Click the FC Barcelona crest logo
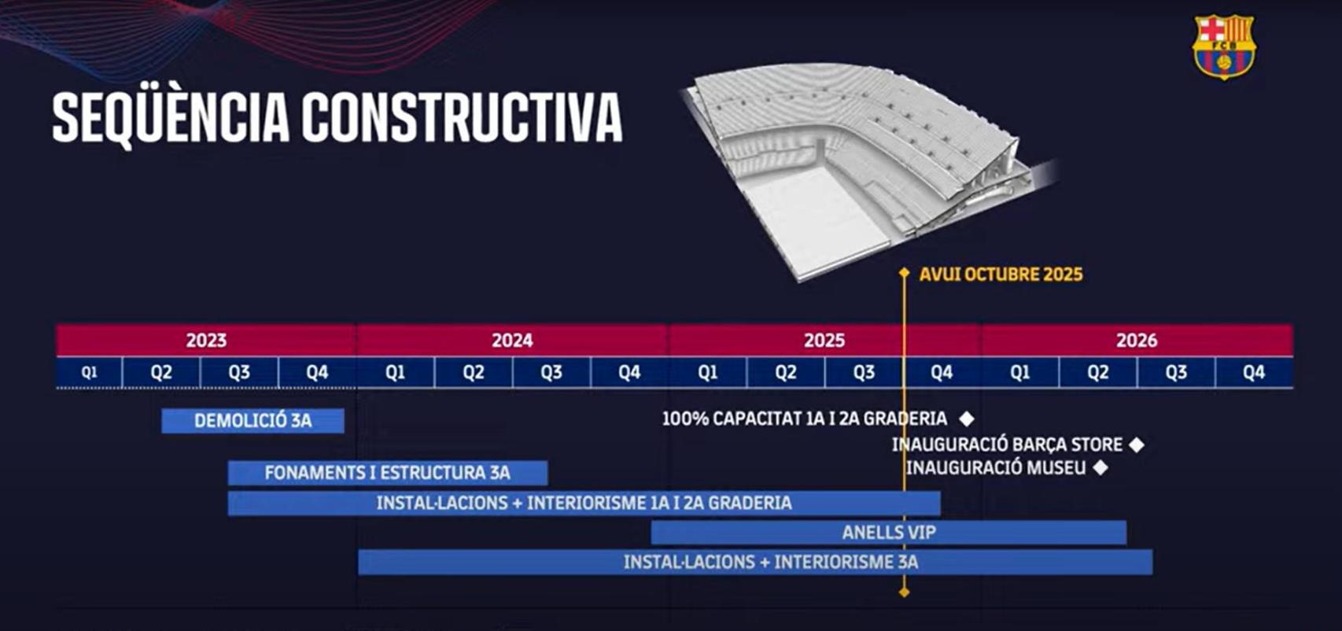[x=1223, y=46]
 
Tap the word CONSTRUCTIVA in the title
[x=462, y=118]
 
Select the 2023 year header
[x=206, y=340]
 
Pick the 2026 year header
[x=1136, y=340]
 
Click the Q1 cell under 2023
[x=90, y=372]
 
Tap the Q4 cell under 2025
[x=942, y=372]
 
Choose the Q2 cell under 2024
[x=473, y=372]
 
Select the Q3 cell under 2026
[x=1175, y=372]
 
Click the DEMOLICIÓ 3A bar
[x=253, y=421]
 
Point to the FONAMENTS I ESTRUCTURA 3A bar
[x=387, y=473]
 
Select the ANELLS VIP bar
[x=888, y=533]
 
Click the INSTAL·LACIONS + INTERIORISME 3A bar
[x=755, y=562]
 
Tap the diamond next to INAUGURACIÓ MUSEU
[x=1101, y=468]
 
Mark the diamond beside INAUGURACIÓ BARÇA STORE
[x=1137, y=445]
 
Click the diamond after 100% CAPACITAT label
[x=967, y=419]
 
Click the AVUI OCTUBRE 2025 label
[x=1001, y=275]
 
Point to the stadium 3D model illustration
[x=857, y=165]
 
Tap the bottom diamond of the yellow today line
[x=904, y=592]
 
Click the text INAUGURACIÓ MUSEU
[x=995, y=468]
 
